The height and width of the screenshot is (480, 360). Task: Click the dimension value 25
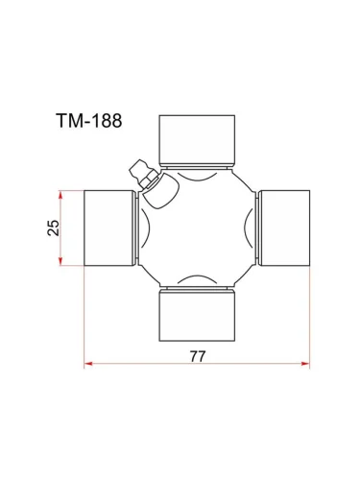[x=54, y=227]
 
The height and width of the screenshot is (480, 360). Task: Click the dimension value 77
[x=198, y=354]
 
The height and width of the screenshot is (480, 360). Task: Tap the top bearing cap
[x=197, y=138]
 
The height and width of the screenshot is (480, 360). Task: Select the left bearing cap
[x=110, y=227]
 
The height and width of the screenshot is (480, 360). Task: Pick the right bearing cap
[x=284, y=227]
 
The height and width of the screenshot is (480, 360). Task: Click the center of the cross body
[x=197, y=227]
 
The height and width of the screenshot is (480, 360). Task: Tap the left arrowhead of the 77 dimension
[x=88, y=364]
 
